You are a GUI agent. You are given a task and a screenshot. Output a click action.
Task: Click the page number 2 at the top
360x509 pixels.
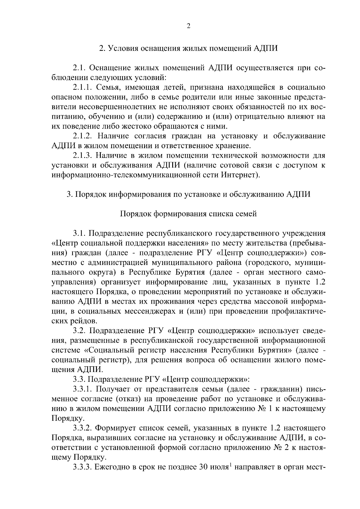click(x=188, y=26)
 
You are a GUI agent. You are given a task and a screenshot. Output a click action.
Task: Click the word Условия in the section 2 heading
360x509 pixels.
click(x=123, y=48)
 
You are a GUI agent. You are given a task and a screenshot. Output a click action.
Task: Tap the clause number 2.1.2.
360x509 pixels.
click(x=84, y=136)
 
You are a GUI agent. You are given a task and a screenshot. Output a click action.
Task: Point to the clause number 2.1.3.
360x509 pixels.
click(x=84, y=156)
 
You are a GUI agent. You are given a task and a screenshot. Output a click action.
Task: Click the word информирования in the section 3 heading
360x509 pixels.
click(x=137, y=194)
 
